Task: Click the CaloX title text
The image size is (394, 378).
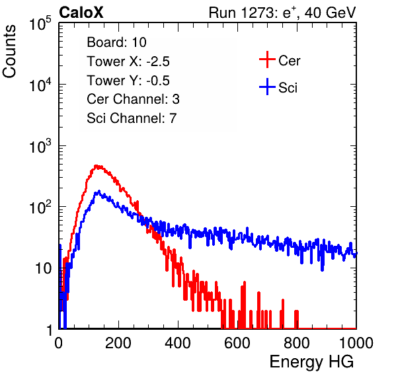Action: click(81, 13)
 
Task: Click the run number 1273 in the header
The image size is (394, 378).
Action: click(256, 13)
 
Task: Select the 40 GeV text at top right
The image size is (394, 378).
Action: click(330, 13)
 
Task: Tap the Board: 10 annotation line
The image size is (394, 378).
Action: click(116, 42)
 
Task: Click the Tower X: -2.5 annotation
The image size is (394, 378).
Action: click(128, 61)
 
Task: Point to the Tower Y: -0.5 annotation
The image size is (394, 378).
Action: click(128, 81)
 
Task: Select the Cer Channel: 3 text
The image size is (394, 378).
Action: click(133, 99)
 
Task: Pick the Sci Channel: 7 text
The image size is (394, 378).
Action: click(132, 118)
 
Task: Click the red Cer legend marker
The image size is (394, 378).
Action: click(267, 59)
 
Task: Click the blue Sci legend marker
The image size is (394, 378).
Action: click(267, 87)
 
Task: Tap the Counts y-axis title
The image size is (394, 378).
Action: click(9, 52)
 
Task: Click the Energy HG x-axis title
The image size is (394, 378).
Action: click(311, 361)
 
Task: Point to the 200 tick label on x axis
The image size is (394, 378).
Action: click(118, 343)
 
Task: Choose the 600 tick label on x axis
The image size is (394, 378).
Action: click(237, 343)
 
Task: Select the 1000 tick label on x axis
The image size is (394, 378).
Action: click(356, 343)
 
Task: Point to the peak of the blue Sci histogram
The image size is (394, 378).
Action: click(98, 191)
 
